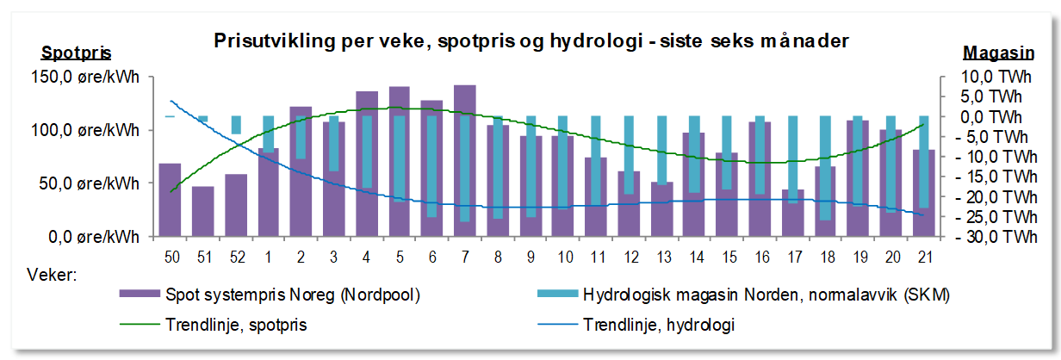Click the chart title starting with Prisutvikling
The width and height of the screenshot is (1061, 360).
click(x=531, y=41)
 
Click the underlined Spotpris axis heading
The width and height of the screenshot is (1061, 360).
click(x=77, y=53)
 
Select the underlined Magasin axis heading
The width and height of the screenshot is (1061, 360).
click(x=998, y=53)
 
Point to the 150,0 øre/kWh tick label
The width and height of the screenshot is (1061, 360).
click(x=85, y=77)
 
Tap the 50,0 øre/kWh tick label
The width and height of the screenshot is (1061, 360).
click(x=89, y=183)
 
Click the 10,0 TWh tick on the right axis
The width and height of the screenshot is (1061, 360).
click(x=996, y=77)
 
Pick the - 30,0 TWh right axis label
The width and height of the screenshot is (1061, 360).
click(x=996, y=237)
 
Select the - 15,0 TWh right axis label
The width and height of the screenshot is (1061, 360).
click(x=996, y=177)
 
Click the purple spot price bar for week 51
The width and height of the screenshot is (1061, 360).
click(x=202, y=211)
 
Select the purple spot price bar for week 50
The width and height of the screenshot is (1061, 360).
click(x=170, y=200)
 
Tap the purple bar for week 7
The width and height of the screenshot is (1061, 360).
click(x=465, y=160)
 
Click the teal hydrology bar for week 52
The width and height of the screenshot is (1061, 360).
click(x=236, y=125)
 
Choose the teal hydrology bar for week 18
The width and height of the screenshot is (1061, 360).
click(x=825, y=168)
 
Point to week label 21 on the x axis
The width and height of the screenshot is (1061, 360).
click(x=925, y=258)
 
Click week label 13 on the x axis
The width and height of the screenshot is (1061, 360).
click(x=664, y=258)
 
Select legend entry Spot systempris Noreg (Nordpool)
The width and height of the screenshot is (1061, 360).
click(x=270, y=295)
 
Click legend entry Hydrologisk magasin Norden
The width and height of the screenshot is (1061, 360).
click(x=744, y=295)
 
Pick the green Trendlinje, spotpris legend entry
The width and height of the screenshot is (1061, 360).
click(x=214, y=325)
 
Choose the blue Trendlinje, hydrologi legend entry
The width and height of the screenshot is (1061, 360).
click(x=636, y=325)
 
